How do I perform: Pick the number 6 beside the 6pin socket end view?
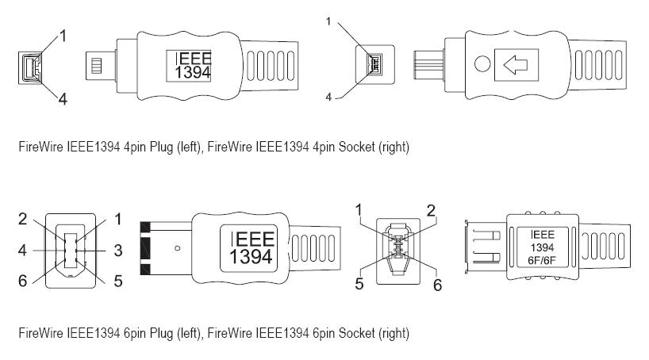(436, 285)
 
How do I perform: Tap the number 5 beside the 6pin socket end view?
(359, 284)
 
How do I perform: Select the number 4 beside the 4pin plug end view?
(61, 98)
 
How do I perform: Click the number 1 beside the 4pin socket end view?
(328, 22)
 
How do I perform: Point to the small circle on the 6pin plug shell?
(178, 248)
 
